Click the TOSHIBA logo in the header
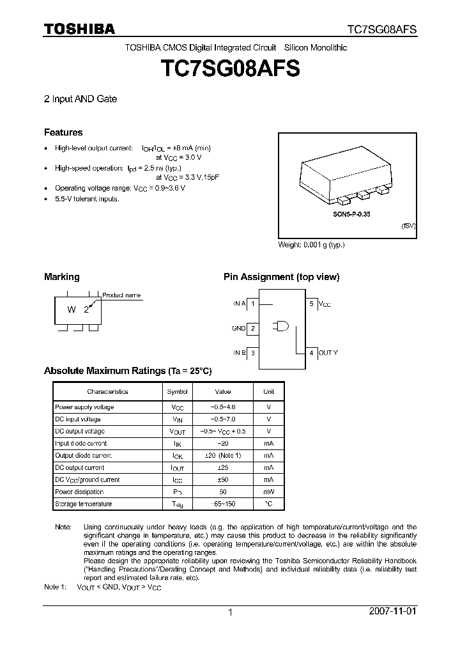coord(79,29)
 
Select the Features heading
coord(63,132)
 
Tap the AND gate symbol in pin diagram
coord(280,326)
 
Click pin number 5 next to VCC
coord(312,304)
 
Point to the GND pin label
coord(239,328)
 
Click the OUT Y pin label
coord(328,352)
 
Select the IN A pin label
coord(240,304)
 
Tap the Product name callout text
coord(121,295)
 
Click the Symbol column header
coord(177,391)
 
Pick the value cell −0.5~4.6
coord(222,407)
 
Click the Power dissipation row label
coord(79,492)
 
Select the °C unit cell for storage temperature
coord(268,504)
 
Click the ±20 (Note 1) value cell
coord(222,455)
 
